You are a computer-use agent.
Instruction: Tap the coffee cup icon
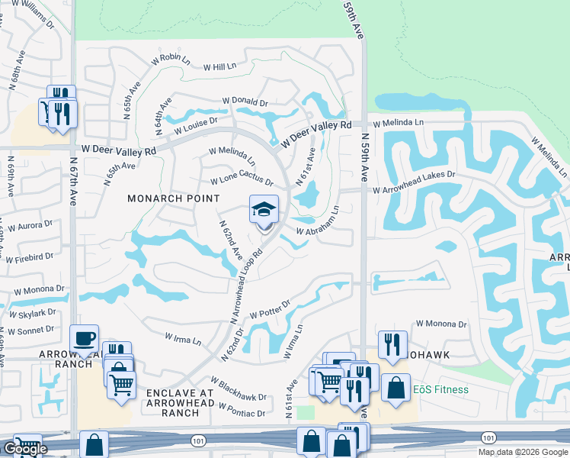(x=84, y=337)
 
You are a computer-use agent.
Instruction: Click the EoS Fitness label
(x=441, y=389)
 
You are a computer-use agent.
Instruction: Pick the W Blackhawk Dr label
(x=239, y=390)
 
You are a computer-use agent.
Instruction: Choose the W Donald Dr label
(x=245, y=101)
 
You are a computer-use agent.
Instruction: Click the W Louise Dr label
(x=196, y=125)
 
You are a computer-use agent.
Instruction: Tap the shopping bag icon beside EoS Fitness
(x=395, y=387)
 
